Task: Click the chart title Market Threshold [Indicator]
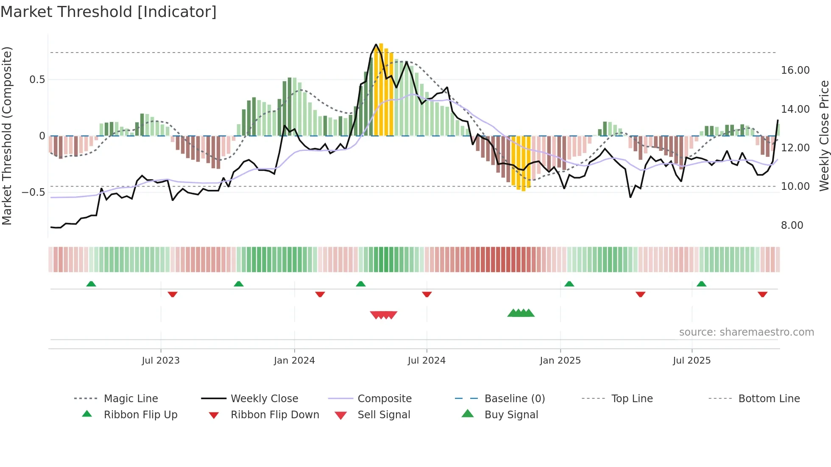tap(109, 12)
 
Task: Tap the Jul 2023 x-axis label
tap(161, 361)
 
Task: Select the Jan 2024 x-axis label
tap(294, 361)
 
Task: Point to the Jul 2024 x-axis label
tap(427, 361)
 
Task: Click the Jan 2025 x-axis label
tap(560, 361)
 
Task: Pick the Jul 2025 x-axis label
tap(692, 361)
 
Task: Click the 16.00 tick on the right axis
tap(795, 70)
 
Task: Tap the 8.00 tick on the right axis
tap(792, 225)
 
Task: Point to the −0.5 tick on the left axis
tap(33, 192)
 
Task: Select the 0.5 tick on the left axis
tap(37, 80)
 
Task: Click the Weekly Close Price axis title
tap(824, 136)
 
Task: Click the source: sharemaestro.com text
tap(746, 332)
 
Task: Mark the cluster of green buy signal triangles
tap(521, 314)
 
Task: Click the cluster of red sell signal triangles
tap(383, 315)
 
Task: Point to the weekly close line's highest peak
tap(376, 44)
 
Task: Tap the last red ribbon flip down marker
tap(762, 294)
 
